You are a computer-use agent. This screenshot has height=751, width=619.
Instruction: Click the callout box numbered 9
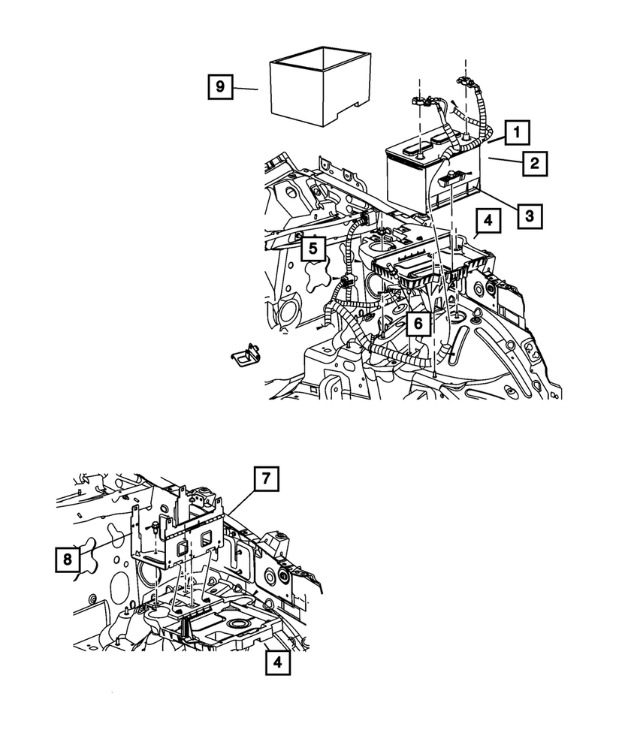(x=219, y=87)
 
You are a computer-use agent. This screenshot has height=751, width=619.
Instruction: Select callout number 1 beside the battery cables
(x=516, y=134)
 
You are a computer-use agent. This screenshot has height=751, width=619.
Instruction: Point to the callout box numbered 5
(x=315, y=248)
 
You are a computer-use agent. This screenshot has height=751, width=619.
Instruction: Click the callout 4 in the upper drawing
(x=488, y=222)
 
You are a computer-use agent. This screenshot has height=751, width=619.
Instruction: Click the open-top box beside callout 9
(x=319, y=83)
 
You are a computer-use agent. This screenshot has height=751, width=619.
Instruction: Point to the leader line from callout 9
(x=246, y=89)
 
